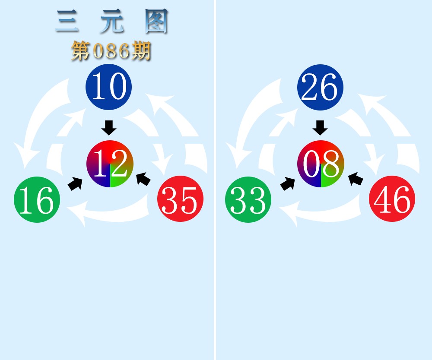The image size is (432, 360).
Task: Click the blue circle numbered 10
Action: click(109, 87)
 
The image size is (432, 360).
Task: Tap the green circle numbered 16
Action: click(37, 199)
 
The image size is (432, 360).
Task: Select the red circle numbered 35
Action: click(181, 199)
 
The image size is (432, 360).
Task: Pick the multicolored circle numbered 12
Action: click(110, 164)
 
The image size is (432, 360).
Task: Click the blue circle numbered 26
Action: click(320, 87)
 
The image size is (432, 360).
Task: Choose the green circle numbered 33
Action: click(248, 199)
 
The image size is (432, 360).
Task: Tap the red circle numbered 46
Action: click(392, 199)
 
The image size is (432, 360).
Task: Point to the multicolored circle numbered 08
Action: click(321, 164)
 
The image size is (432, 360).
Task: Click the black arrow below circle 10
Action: click(109, 128)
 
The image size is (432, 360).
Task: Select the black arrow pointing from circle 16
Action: click(75, 183)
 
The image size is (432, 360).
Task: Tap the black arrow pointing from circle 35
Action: click(143, 179)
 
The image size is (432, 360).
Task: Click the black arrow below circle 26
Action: click(320, 128)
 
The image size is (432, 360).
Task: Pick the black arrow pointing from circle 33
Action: click(287, 183)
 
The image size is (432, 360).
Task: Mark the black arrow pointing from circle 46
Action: click(356, 179)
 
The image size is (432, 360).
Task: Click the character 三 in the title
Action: click(67, 21)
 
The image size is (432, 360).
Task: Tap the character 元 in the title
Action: click(112, 21)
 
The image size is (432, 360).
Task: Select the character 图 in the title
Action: click(156, 21)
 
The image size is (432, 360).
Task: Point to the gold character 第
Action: click(81, 51)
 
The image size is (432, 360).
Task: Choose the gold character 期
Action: click(141, 51)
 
